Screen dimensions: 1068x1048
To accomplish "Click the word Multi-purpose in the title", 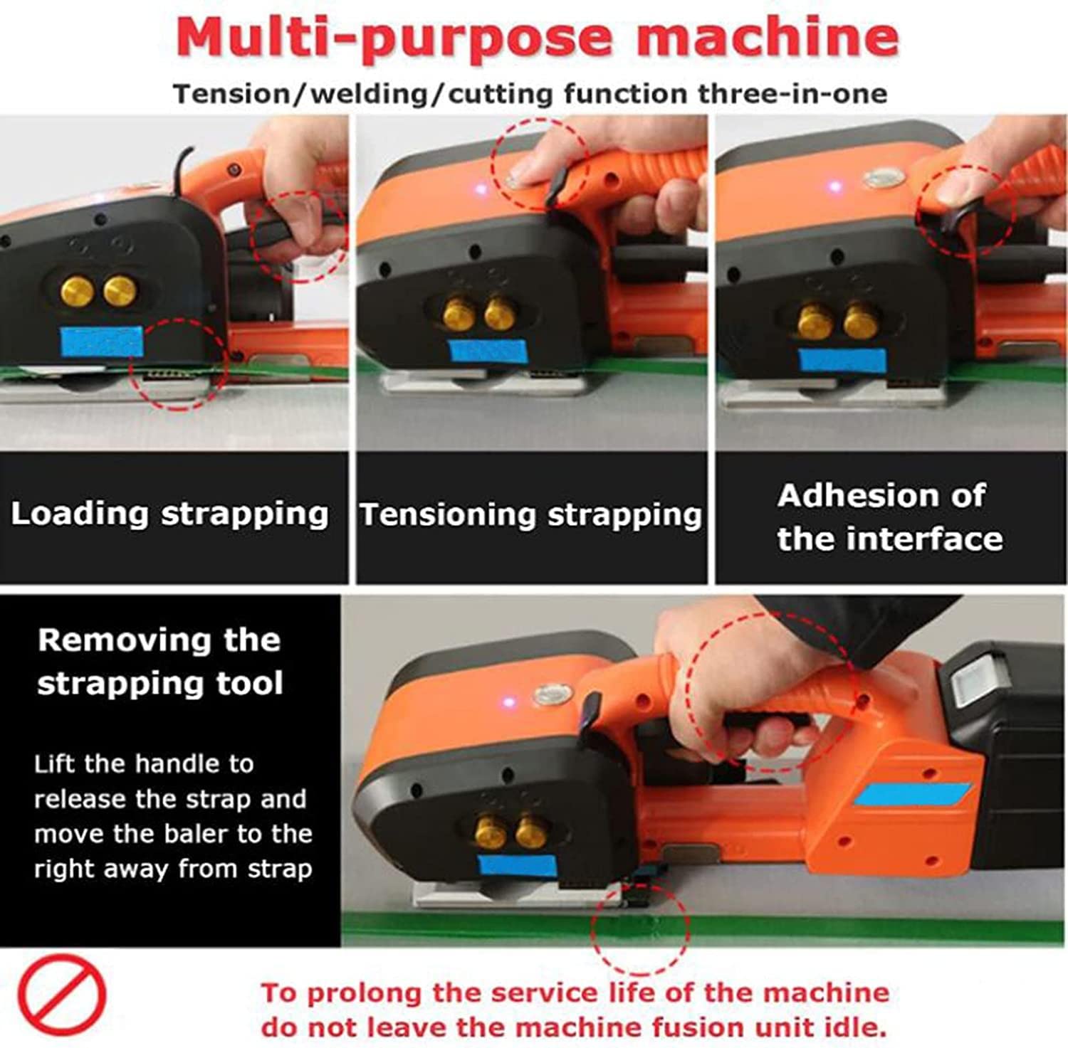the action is [394, 38].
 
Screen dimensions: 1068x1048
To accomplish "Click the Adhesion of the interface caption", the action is [890, 517].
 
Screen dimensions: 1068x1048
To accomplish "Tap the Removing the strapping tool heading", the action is [160, 662].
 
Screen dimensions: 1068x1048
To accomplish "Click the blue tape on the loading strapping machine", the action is [103, 343].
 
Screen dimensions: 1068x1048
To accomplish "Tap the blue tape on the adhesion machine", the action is [843, 361].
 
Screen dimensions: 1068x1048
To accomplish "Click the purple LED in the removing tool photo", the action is [508, 702].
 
